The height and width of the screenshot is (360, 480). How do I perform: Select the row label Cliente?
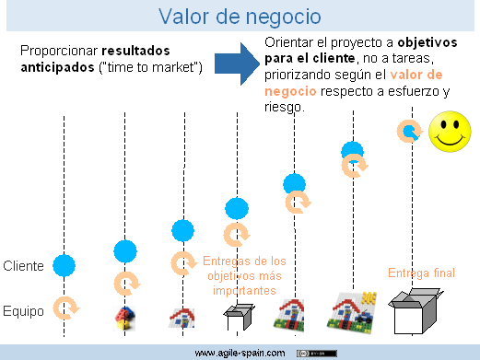coord(23,266)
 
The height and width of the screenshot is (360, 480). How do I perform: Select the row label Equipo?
coord(23,311)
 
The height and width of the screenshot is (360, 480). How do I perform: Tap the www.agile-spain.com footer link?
coord(239,353)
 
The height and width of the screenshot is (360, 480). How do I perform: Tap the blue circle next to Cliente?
coord(63,266)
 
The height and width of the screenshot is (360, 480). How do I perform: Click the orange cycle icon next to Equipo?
coord(64,308)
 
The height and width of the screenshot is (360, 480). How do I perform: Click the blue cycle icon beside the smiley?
coord(410,132)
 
